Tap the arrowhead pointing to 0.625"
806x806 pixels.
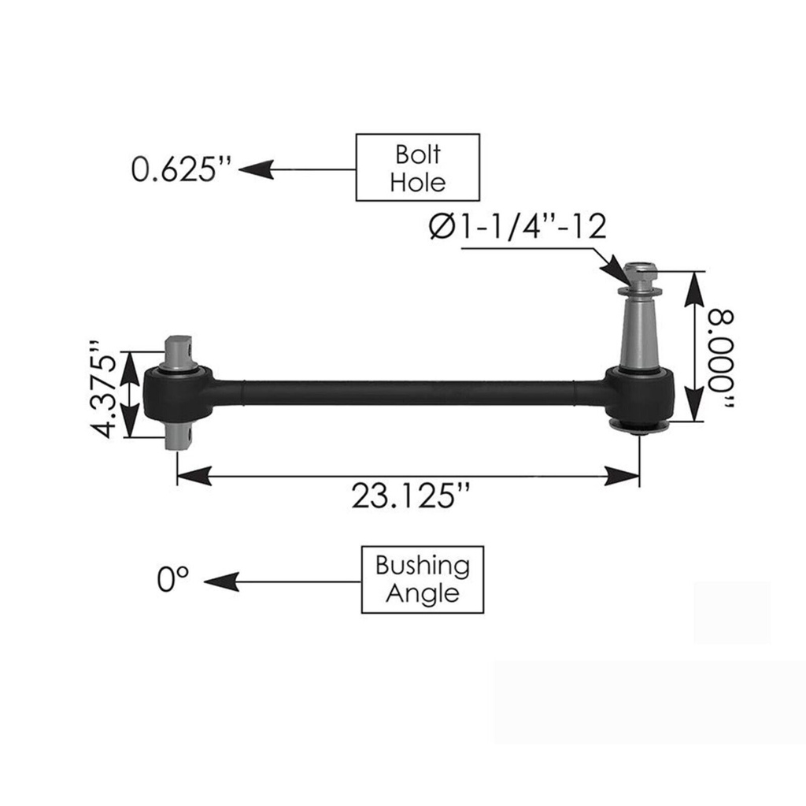[x=255, y=168]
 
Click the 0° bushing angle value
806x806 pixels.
[x=173, y=581]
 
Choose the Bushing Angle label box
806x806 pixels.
[x=423, y=579]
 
